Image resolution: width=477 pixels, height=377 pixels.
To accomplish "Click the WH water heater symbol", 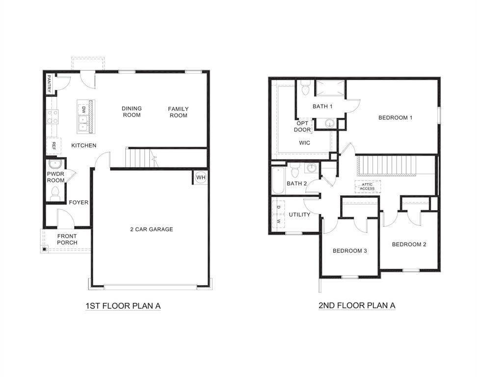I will point(201,177).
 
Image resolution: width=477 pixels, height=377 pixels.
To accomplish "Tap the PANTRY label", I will point(49,84).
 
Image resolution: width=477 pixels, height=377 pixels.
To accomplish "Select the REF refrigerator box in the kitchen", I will point(53,146).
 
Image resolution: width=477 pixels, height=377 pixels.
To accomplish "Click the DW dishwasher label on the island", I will point(83,109).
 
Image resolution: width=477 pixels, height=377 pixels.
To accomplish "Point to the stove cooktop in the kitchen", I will point(52,117).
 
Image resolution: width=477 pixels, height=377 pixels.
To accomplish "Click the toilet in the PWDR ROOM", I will point(55,193).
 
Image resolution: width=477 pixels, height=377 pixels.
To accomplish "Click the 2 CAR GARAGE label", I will point(152,229).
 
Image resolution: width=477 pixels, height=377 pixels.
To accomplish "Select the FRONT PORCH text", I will point(67,240).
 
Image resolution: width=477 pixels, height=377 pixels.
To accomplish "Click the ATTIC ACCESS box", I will point(367,187).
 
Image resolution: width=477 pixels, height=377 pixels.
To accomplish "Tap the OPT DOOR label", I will point(302,127).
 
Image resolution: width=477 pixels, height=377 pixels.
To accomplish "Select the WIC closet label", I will point(305,143).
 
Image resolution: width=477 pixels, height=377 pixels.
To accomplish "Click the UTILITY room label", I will point(299,215).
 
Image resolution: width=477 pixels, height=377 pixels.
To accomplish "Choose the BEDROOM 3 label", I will point(350,251).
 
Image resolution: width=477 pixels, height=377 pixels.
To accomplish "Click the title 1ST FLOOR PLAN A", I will point(123,306).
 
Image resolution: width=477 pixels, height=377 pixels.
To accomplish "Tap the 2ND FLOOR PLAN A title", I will point(357,305).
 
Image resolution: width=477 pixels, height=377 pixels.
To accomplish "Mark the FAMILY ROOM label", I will point(178,112).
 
